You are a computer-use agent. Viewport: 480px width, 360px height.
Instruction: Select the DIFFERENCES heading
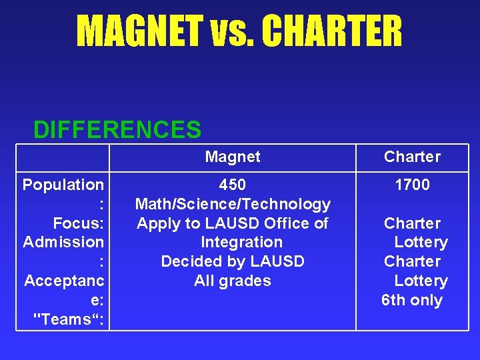pos(117,130)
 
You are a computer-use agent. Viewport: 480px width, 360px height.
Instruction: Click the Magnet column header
pos(233,157)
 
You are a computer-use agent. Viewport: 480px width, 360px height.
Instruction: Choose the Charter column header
pos(412,157)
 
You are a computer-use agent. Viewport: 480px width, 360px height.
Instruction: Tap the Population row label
pos(63,185)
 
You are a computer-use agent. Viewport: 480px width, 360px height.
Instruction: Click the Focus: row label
pos(78,223)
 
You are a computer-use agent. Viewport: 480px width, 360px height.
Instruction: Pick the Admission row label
pos(63,242)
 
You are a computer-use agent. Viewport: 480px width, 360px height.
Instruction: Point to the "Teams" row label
pos(71,319)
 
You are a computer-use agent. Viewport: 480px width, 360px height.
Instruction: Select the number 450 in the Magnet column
pos(233,185)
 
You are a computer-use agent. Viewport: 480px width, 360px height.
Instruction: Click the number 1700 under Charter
pos(412,185)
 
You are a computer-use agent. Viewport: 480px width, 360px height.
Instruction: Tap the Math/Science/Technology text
pos(233,204)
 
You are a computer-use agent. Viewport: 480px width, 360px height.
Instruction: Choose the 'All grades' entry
pos(233,281)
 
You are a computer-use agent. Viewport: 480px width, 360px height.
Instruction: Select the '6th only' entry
pos(412,300)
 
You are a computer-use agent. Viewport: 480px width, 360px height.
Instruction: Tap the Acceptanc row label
pos(63,281)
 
